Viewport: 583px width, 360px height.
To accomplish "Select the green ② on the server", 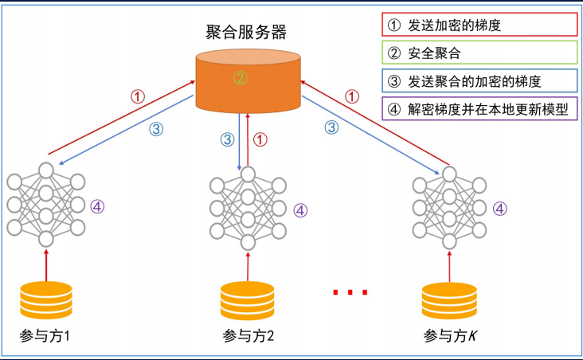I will pos(241,78).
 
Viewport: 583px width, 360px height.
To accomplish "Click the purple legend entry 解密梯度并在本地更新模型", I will pos(478,109).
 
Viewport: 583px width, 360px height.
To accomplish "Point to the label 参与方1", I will pos(45,335).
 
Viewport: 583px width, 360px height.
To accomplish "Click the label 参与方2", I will pos(248,335).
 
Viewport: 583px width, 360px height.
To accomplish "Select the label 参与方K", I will pos(450,335).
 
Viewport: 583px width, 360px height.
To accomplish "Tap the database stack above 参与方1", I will pos(45,300).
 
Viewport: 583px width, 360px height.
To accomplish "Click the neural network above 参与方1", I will pos(45,205).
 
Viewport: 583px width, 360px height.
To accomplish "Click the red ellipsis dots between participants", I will pos(350,293).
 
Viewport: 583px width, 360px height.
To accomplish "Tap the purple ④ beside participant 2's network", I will pos(300,210).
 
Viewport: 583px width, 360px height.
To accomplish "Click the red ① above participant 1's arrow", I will pos(138,96).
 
